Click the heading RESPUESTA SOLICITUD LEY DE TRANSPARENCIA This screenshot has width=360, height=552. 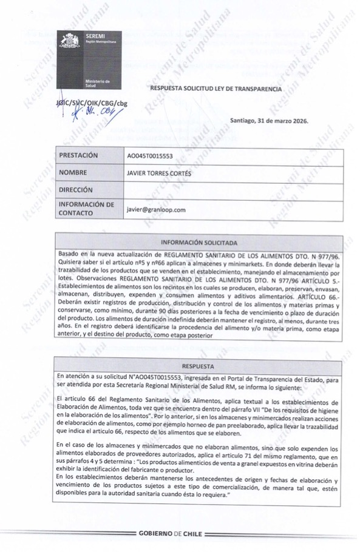tap(216, 89)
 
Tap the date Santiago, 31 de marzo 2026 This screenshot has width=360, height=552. tap(269, 120)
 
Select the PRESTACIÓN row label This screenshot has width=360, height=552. tap(78, 155)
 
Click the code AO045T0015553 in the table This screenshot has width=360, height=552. tap(150, 156)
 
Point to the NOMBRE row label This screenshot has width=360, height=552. tap(74, 172)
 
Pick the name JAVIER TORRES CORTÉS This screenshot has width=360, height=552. tap(160, 173)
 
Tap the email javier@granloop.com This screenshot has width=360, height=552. tap(155, 209)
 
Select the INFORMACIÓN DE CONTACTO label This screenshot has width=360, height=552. tap(86, 209)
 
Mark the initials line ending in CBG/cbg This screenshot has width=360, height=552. tap(92, 103)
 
